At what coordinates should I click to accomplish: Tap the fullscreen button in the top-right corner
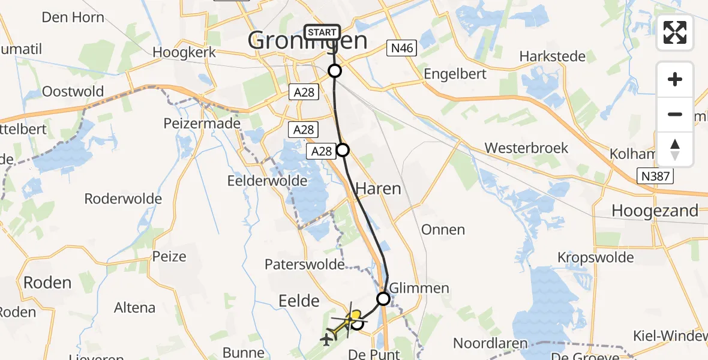(675, 32)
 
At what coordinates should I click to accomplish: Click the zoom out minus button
(675, 114)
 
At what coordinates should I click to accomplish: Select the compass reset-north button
(675, 149)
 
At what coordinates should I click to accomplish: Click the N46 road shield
(401, 48)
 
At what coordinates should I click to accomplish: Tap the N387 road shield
(655, 176)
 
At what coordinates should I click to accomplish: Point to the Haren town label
(378, 188)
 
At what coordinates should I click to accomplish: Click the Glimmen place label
(419, 288)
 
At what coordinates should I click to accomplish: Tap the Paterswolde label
(305, 264)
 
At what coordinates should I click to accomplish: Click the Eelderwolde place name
(268, 181)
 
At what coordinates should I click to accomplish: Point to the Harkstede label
(552, 56)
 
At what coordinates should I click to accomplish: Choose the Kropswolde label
(595, 257)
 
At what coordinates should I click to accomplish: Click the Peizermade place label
(202, 124)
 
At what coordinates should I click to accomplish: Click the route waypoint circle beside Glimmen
(383, 298)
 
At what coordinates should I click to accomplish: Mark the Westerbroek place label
(526, 148)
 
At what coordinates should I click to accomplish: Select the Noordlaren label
(490, 343)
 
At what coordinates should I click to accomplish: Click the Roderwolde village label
(123, 199)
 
